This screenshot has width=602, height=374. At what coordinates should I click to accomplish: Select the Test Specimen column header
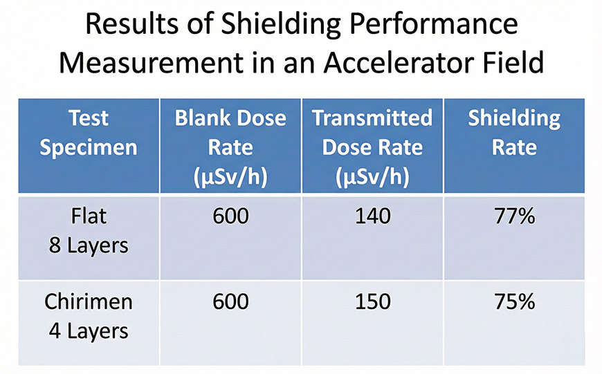pyautogui.click(x=89, y=133)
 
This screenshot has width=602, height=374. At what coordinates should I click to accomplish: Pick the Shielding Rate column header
pyautogui.click(x=514, y=133)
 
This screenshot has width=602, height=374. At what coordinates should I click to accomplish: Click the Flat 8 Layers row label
pyautogui.click(x=89, y=231)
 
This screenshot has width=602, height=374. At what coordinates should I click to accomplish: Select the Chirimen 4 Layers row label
pyautogui.click(x=89, y=317)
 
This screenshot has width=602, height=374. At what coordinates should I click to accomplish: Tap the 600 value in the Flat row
pyautogui.click(x=230, y=216)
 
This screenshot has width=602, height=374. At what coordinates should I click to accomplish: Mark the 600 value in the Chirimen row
pyautogui.click(x=230, y=302)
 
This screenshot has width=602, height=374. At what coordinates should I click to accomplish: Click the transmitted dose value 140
pyautogui.click(x=372, y=216)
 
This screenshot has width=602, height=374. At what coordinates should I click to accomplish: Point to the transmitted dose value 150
pyautogui.click(x=372, y=302)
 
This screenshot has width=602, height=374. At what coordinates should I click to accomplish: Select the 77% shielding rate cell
pyautogui.click(x=514, y=216)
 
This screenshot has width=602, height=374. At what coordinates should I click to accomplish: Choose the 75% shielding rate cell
pyautogui.click(x=514, y=302)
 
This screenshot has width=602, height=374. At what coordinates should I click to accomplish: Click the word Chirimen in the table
pyautogui.click(x=89, y=302)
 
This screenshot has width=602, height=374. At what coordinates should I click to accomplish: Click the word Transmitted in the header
pyautogui.click(x=372, y=118)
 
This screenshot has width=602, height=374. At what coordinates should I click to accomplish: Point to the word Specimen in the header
pyautogui.click(x=89, y=148)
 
